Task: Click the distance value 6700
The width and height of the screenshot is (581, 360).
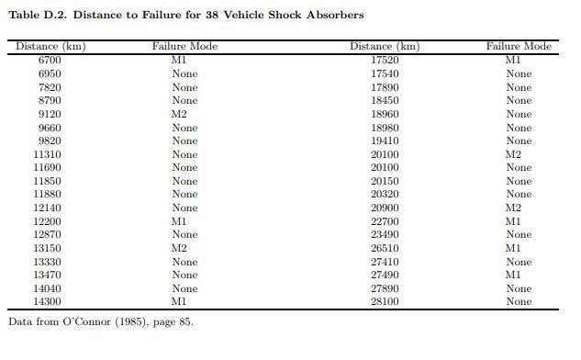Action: (50, 61)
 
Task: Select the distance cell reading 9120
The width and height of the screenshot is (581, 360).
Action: (50, 114)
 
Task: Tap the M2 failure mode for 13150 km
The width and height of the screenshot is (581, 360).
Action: (179, 248)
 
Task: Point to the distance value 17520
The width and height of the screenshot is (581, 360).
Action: (385, 61)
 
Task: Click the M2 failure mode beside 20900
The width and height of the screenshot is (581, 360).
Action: (513, 208)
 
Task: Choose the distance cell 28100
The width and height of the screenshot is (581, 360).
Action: (385, 301)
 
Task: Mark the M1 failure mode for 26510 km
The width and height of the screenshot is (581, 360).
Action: (513, 248)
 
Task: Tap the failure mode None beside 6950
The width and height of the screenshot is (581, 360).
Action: (184, 73)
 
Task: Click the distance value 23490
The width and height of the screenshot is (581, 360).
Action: (385, 234)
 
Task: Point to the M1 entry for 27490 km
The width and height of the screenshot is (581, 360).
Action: (513, 275)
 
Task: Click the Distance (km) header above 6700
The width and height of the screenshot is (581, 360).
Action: (50, 47)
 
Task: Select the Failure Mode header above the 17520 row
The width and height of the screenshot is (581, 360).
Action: (519, 47)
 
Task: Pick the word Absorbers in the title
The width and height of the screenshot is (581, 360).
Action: (334, 15)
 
